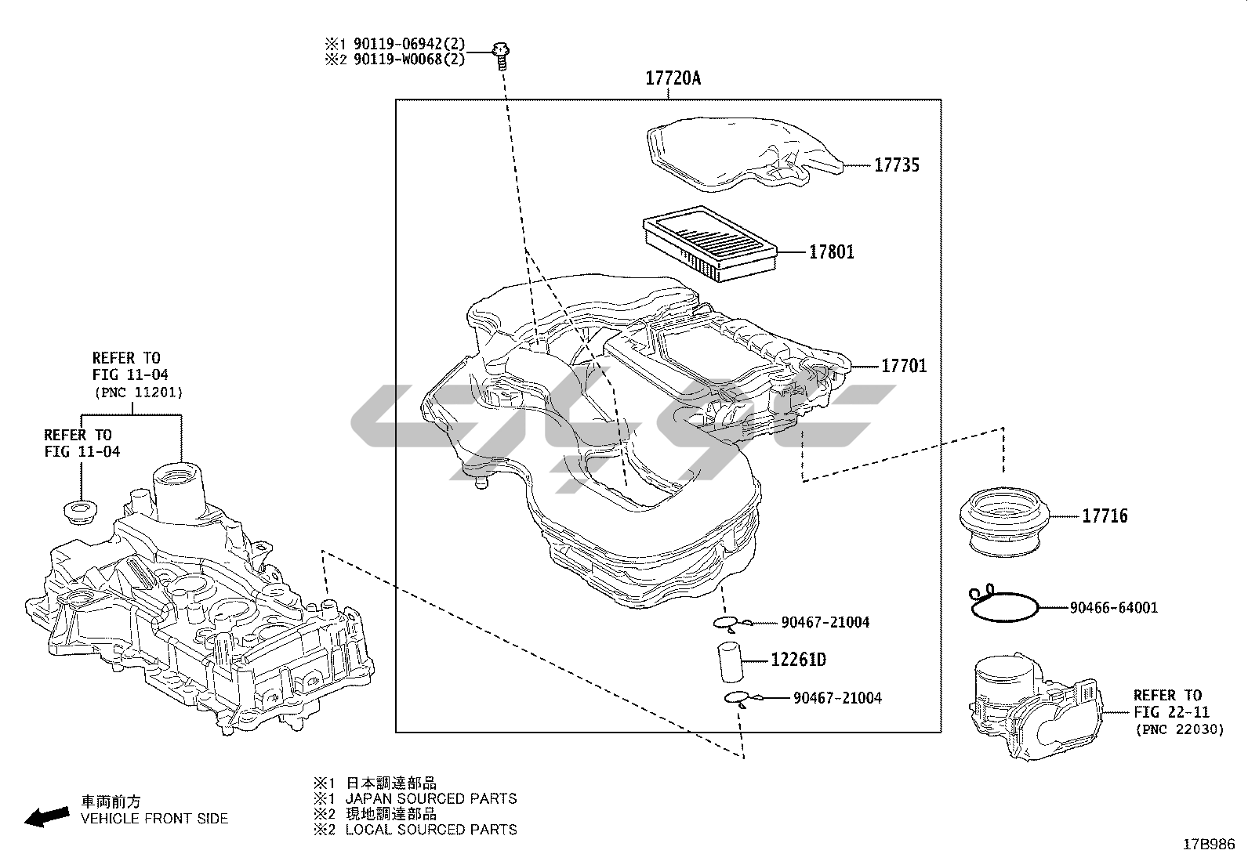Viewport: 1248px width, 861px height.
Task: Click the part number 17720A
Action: pos(673,78)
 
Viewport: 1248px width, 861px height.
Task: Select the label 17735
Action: pos(897,165)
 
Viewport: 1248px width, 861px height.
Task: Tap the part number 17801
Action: pos(832,252)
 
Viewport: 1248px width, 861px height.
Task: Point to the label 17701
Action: pos(904,366)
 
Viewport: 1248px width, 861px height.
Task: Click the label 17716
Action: pos(1105,516)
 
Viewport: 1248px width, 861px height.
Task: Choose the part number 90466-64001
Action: pos(1113,607)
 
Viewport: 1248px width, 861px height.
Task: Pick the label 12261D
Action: pos(798,660)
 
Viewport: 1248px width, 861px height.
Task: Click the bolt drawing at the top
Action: pos(500,54)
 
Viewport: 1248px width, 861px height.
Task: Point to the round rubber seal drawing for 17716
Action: pos(1003,521)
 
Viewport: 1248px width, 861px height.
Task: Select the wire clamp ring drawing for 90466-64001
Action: pos(1003,605)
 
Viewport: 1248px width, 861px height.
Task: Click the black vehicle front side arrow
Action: pos(46,817)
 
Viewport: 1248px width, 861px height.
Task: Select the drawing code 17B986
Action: pos(1209,845)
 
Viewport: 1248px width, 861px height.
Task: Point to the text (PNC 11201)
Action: pos(137,392)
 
